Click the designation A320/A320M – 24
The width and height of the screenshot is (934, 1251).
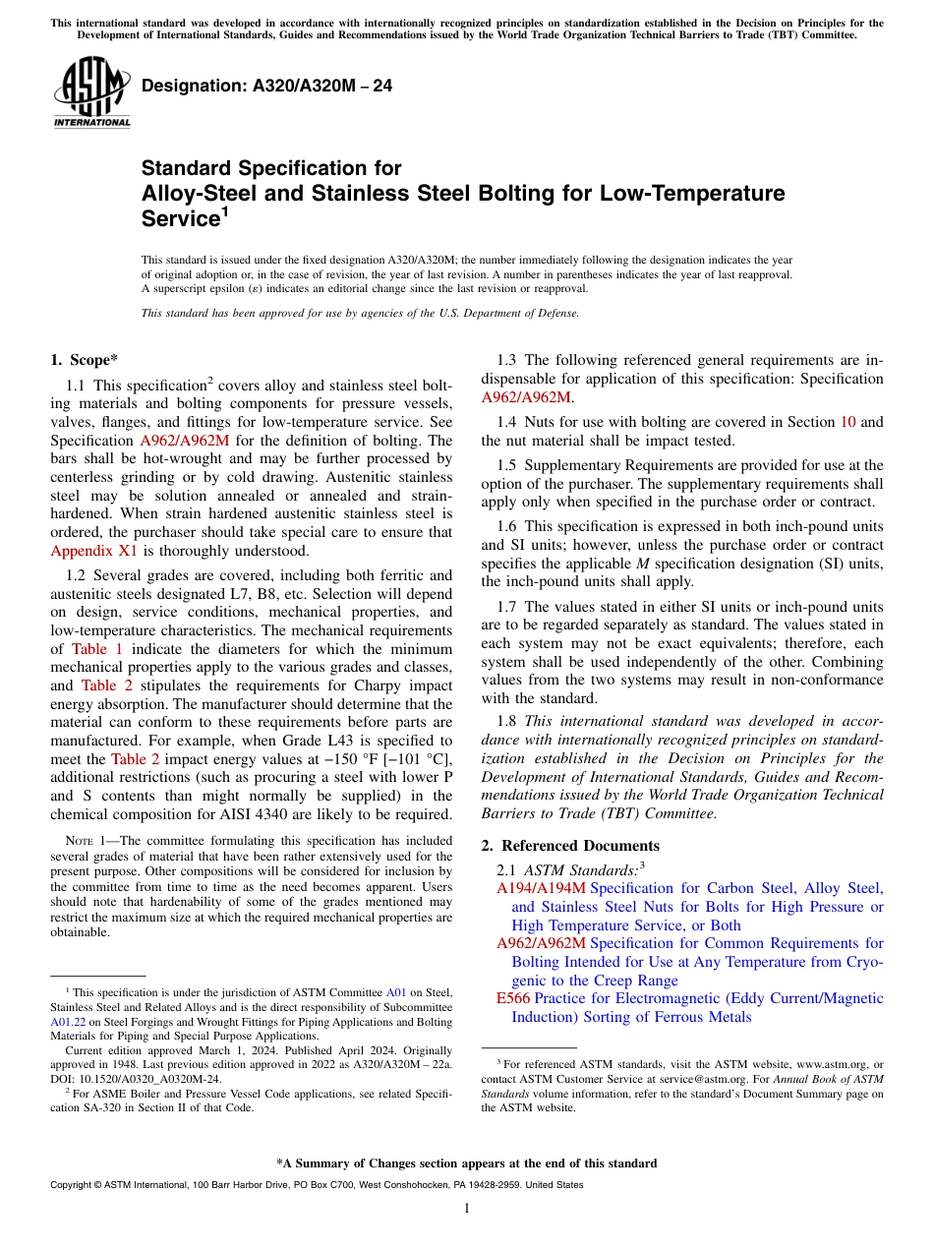click(266, 87)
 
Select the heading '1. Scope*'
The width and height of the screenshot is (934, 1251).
click(85, 360)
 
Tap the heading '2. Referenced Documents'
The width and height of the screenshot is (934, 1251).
click(570, 846)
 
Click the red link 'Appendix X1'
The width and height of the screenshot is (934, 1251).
click(94, 551)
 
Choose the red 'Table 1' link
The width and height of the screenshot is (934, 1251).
click(97, 649)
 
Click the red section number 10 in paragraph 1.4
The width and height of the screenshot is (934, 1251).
click(847, 422)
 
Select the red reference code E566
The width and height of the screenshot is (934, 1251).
click(513, 998)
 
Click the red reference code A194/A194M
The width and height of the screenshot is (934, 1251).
click(541, 888)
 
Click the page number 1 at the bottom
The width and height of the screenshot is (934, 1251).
click(467, 1208)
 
